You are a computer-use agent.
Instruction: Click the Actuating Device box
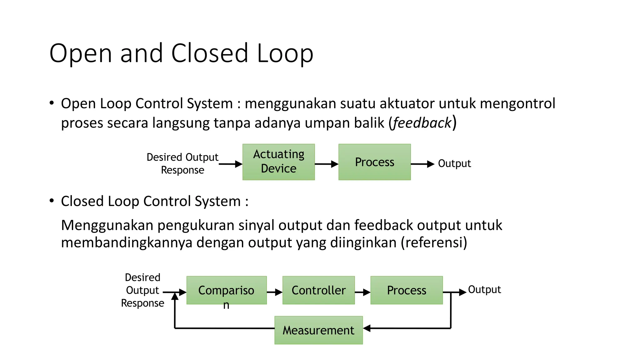pyautogui.click(x=278, y=162)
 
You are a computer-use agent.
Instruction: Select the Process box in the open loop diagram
pyautogui.click(x=374, y=162)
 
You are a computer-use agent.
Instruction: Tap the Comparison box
pyautogui.click(x=227, y=290)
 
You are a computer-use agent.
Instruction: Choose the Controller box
pyautogui.click(x=318, y=290)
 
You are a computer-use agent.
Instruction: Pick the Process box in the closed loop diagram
pyautogui.click(x=407, y=290)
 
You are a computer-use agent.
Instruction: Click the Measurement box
pyautogui.click(x=318, y=330)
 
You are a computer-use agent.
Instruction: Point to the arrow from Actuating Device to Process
pyautogui.click(x=326, y=164)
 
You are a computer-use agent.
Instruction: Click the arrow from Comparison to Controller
pyautogui.click(x=274, y=292)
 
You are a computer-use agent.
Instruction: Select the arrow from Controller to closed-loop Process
pyautogui.click(x=362, y=292)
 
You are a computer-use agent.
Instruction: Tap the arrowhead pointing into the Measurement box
pyautogui.click(x=367, y=328)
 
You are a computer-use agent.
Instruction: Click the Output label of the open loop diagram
pyautogui.click(x=454, y=163)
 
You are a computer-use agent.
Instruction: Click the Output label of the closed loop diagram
pyautogui.click(x=484, y=289)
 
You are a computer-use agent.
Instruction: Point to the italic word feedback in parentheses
pyautogui.click(x=422, y=123)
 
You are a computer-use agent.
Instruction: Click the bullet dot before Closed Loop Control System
pyautogui.click(x=52, y=201)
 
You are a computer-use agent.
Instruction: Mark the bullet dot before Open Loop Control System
pyautogui.click(x=52, y=103)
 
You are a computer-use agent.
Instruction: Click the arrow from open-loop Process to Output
pyautogui.click(x=422, y=164)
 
